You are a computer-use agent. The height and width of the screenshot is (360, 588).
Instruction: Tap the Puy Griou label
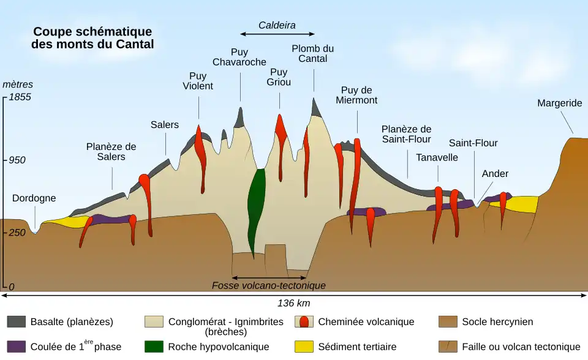pos(279,77)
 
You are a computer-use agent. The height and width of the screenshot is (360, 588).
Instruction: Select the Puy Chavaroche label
pos(239,57)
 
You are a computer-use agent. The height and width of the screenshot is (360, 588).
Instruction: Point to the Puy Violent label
pos(198,81)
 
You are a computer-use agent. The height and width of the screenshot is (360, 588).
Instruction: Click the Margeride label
pos(559,103)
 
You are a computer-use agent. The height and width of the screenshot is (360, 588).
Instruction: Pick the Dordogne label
pos(34,198)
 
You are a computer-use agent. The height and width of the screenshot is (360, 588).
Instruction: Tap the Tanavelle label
pos(437,157)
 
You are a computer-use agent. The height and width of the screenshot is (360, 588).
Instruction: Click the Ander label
pos(495,174)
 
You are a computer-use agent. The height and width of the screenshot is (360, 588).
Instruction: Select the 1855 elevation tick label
pos(20,97)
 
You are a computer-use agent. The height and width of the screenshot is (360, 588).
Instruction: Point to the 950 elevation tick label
pos(17,160)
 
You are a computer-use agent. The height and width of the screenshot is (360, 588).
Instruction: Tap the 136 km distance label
pos(294,303)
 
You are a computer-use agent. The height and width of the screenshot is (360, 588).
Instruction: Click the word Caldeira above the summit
pos(277,26)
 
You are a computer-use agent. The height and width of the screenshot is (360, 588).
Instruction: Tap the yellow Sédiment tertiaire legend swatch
pos(304,347)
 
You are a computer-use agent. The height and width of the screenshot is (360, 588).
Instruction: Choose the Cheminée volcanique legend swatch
pos(304,322)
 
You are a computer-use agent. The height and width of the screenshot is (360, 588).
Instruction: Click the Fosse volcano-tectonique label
pos(269,286)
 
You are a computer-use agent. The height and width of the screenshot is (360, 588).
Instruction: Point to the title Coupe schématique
pos(92,32)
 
